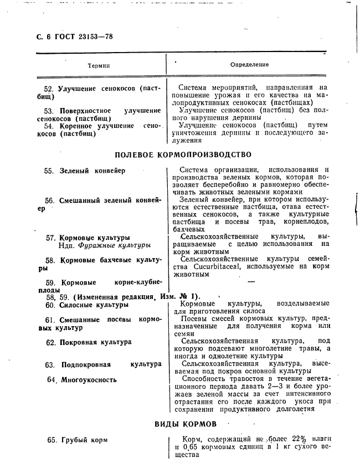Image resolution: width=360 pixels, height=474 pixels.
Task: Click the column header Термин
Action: coord(99,65)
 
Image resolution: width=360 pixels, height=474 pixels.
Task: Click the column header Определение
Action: coord(249,65)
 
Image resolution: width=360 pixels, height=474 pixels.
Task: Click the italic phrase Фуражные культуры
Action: coord(114,245)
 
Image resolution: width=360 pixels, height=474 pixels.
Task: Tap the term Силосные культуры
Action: coord(94,305)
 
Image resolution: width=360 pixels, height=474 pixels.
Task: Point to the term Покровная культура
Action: coord(96,342)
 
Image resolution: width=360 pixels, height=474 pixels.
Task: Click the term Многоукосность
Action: coord(89,380)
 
